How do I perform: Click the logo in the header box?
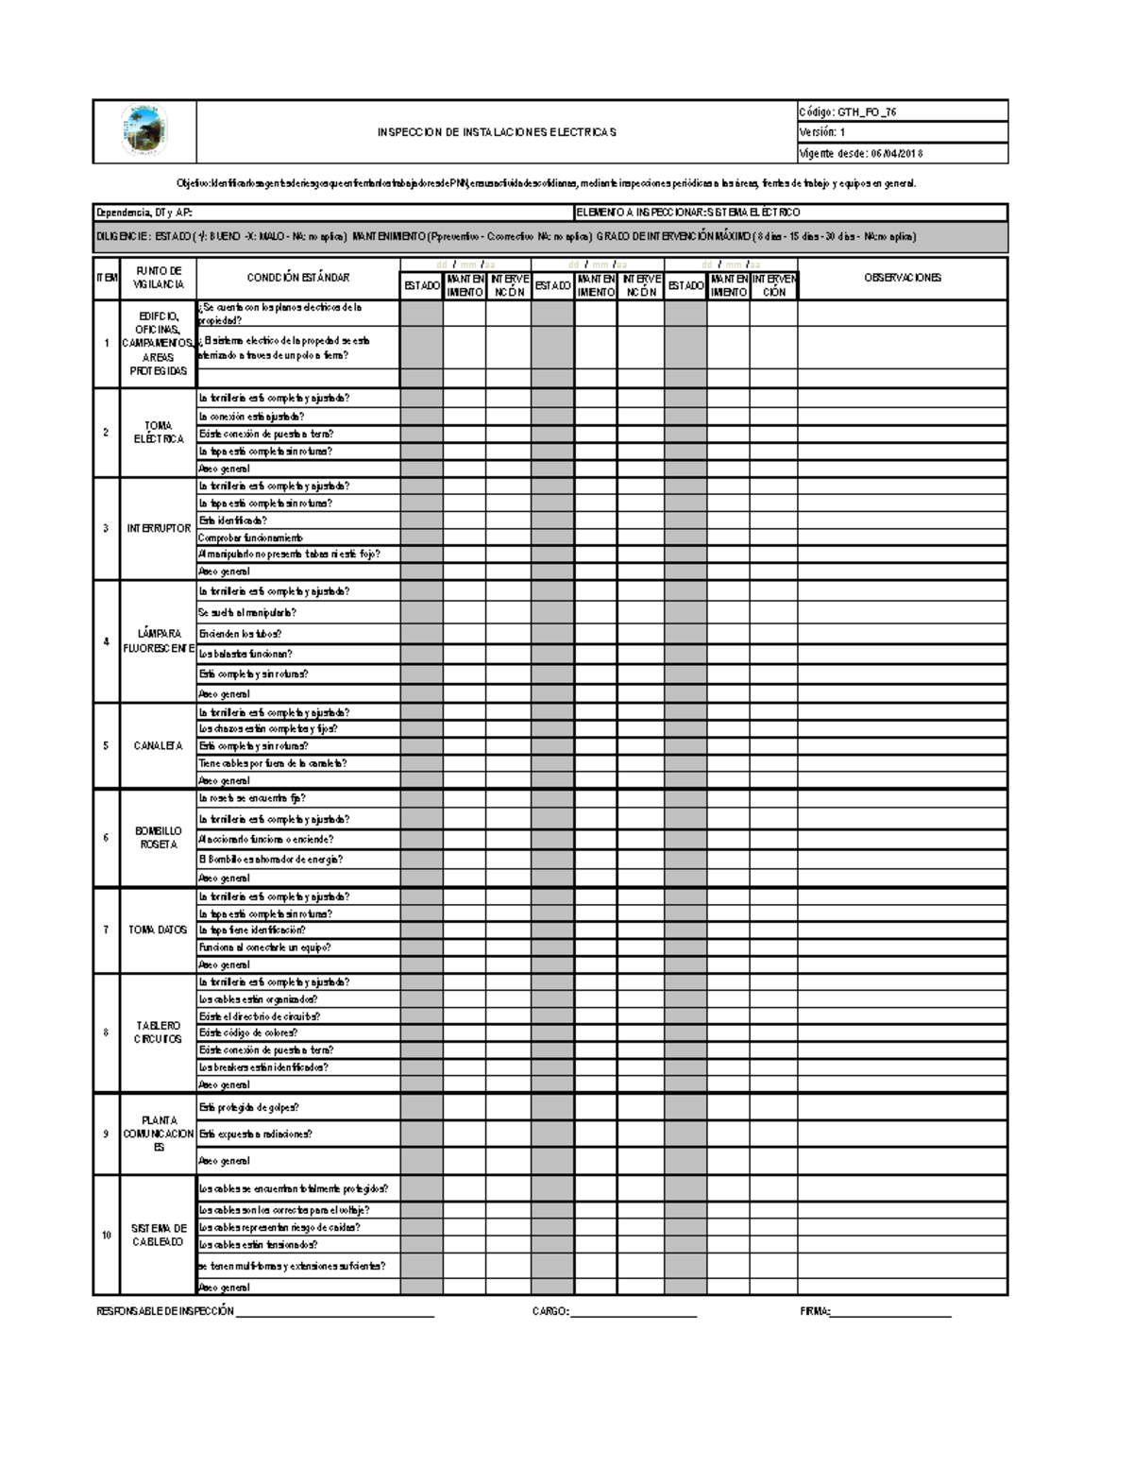click(x=144, y=131)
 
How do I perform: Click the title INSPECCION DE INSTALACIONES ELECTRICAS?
click(x=497, y=132)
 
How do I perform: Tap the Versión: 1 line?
click(x=823, y=132)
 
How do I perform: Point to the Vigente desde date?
click(x=861, y=153)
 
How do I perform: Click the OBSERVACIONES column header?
click(x=903, y=278)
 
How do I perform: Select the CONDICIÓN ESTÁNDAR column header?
click(x=298, y=278)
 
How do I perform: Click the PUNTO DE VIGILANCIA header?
click(x=159, y=278)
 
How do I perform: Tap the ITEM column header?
click(x=106, y=278)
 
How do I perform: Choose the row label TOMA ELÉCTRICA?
click(x=159, y=433)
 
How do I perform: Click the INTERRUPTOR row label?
click(x=159, y=529)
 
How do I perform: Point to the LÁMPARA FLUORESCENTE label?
click(x=159, y=641)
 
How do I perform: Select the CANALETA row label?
click(x=159, y=746)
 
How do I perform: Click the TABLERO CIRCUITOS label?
click(x=159, y=1032)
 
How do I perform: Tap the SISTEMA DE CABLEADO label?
click(x=159, y=1235)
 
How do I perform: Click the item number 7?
click(x=106, y=930)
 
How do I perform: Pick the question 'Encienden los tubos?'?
click(x=240, y=634)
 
